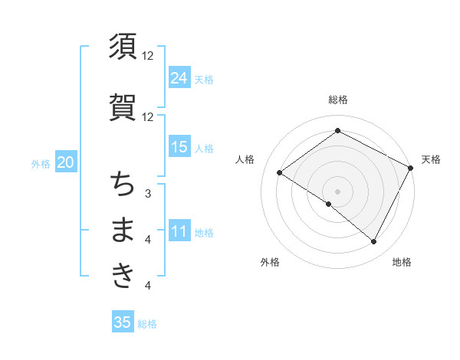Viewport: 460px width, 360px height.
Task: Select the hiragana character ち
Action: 123,184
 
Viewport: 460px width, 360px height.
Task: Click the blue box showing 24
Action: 179,77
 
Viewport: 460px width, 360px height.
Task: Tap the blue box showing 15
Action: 179,147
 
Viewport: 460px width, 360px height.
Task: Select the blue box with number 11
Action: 179,232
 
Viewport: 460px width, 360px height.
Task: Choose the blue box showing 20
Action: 65,162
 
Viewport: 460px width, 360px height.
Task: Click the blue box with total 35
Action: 123,322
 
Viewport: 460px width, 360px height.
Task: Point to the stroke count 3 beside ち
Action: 148,193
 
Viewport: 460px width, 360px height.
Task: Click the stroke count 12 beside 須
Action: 148,56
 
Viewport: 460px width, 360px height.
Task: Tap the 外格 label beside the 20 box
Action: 41,163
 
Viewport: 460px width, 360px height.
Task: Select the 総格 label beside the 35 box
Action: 147,323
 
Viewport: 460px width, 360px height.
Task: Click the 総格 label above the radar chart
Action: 338,100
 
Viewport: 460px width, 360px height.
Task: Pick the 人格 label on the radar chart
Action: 245,159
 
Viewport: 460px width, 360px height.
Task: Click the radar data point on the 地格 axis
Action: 374,242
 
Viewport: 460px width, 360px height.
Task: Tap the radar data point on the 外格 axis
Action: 329,204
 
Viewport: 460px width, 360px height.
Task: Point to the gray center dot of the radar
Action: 338,191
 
